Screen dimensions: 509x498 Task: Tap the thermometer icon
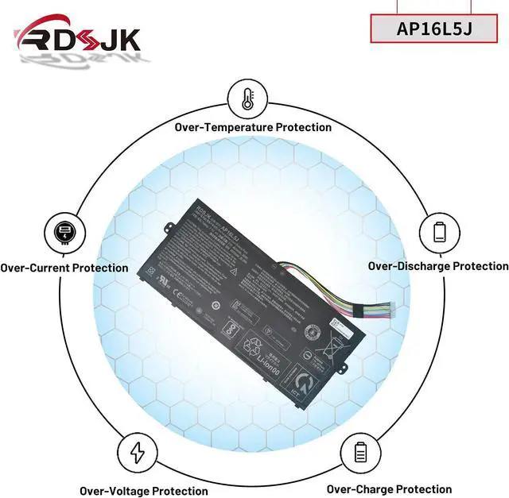[x=247, y=98]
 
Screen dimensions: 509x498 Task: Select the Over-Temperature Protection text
[x=253, y=127]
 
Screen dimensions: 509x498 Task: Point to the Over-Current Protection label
[x=64, y=268]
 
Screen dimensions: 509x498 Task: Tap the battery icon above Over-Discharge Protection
[x=440, y=232]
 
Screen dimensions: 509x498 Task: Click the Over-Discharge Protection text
[x=438, y=266]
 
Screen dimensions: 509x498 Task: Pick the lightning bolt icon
[x=138, y=452]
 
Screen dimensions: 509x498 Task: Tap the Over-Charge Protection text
[x=389, y=489]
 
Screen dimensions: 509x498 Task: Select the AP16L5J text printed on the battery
[x=231, y=233]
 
